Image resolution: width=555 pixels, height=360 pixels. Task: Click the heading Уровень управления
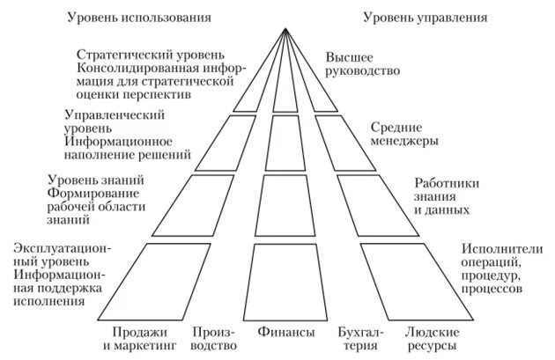pyautogui.click(x=422, y=17)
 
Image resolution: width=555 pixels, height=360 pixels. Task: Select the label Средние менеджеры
pyautogui.click(x=404, y=133)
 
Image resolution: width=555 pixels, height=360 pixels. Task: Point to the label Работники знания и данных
pyautogui.click(x=448, y=197)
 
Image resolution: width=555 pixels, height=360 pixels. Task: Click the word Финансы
pyautogui.click(x=286, y=334)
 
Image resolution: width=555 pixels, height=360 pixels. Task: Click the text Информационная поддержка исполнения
pyautogui.click(x=57, y=288)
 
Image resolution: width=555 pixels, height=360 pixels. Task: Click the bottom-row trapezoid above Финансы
pyautogui.click(x=286, y=281)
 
